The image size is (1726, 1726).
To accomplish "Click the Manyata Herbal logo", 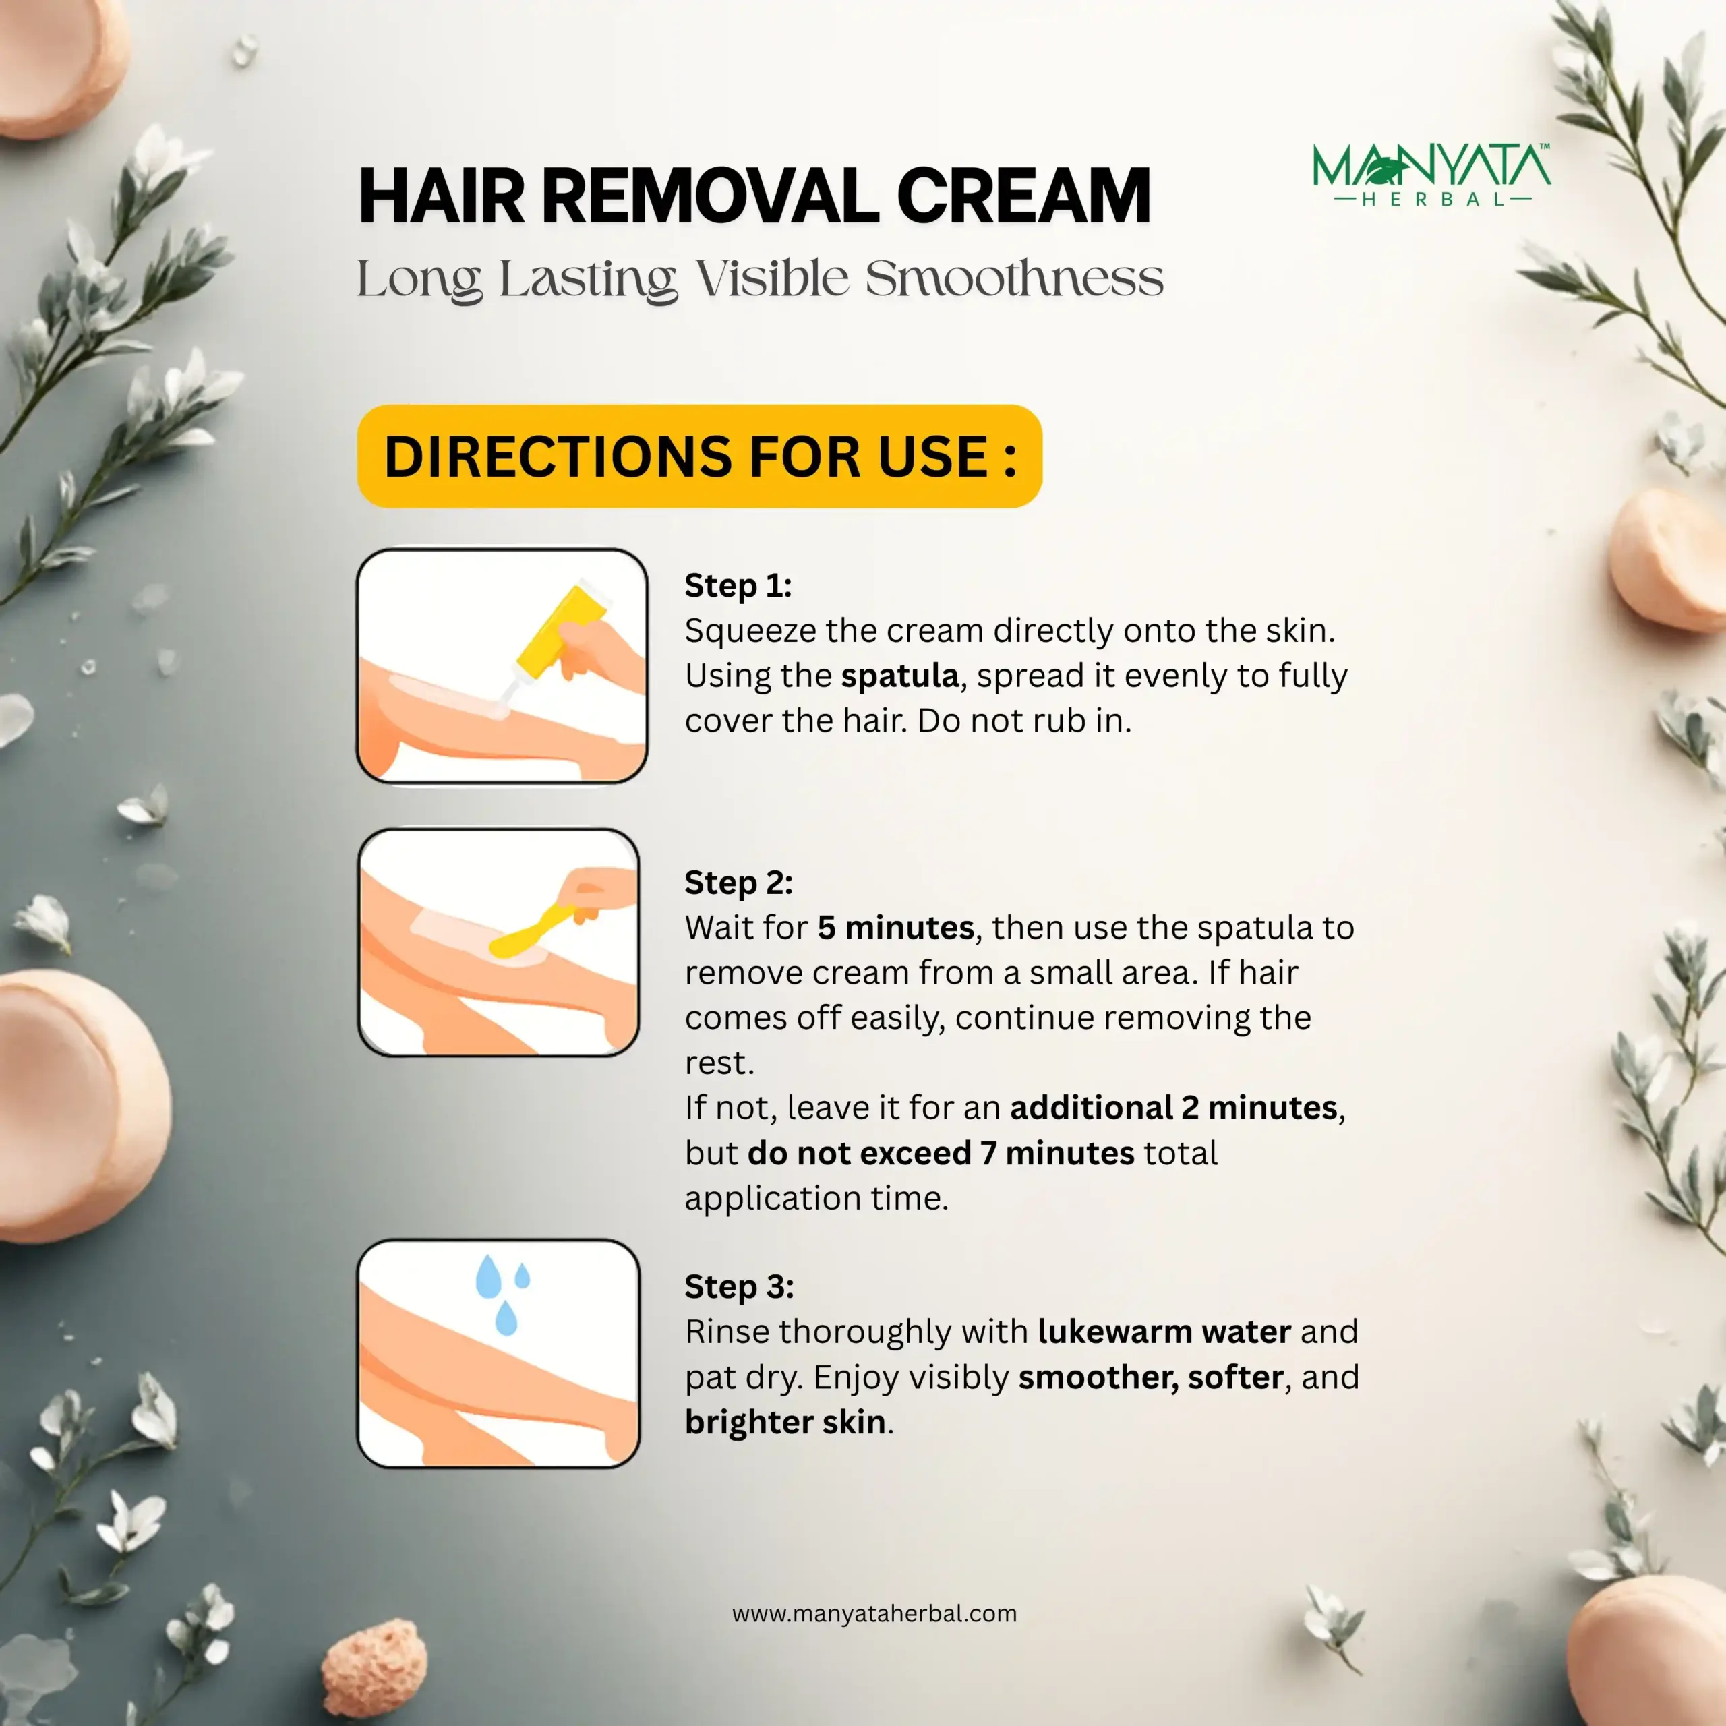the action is (1431, 175).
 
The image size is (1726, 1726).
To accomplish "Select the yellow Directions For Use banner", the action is (700, 456).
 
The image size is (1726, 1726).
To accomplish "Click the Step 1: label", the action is (738, 585).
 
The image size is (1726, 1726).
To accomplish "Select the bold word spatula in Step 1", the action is (899, 676).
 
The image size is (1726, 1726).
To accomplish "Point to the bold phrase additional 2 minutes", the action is (1173, 1107).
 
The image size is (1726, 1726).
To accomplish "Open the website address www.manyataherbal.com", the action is (874, 1613).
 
